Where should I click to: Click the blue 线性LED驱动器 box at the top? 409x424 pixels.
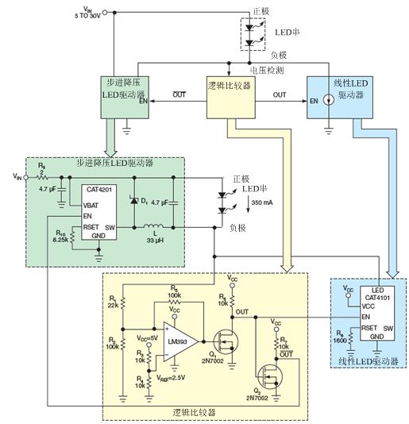click(x=338, y=94)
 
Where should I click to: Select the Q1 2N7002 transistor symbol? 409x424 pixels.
click(x=230, y=336)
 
